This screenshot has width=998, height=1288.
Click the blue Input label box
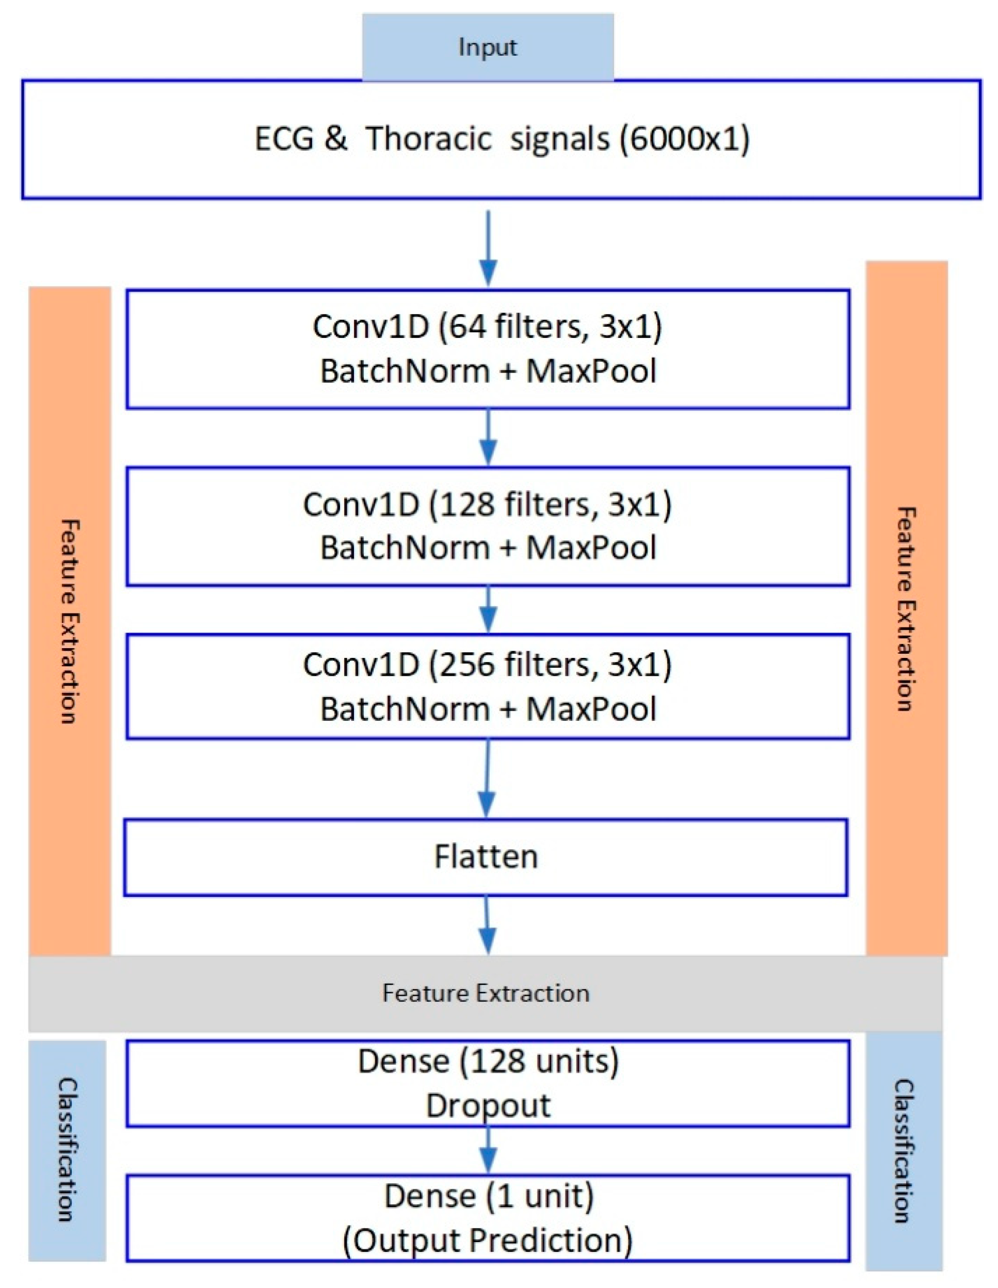[487, 47]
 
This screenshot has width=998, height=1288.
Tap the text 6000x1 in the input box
[684, 140]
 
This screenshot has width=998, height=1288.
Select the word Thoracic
[428, 140]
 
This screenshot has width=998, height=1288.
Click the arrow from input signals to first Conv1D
[488, 248]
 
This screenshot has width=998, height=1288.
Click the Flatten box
[486, 857]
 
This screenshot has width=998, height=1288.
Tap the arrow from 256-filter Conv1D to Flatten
[487, 779]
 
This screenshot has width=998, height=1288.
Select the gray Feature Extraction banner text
[486, 994]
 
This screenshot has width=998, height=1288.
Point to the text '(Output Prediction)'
[488, 1239]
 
